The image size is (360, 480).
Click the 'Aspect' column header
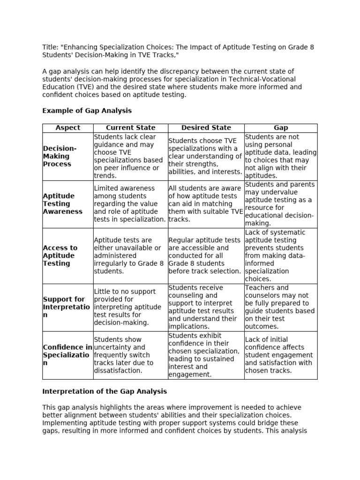(x=67, y=127)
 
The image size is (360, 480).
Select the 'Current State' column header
(x=130, y=127)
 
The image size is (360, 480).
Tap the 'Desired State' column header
(x=206, y=127)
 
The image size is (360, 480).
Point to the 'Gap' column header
(x=280, y=127)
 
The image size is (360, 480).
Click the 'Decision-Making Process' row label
(x=60, y=157)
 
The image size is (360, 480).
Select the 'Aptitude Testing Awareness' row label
(x=62, y=204)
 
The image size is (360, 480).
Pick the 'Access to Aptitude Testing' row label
(x=60, y=255)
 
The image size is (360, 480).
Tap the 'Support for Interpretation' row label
(x=64, y=307)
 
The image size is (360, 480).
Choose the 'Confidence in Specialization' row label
(x=67, y=355)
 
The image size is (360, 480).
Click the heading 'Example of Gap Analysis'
(x=87, y=111)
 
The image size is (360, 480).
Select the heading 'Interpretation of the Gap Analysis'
(x=104, y=391)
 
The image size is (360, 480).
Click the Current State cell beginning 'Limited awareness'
(x=130, y=204)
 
